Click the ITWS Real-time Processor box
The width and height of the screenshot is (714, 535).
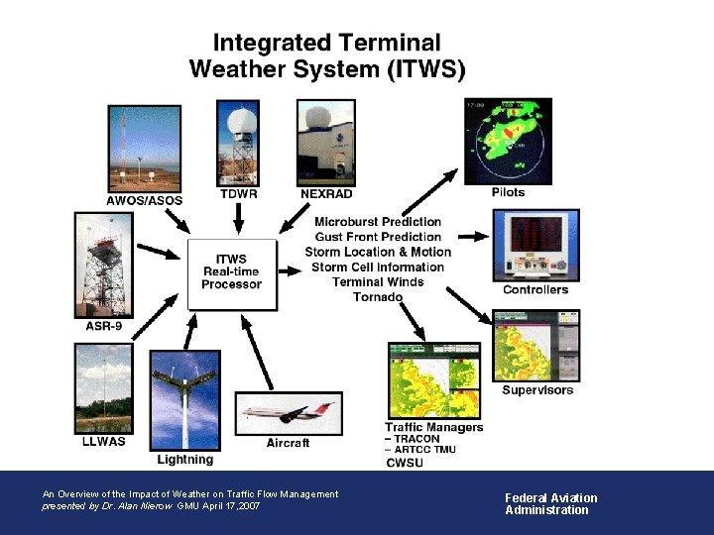pos(231,271)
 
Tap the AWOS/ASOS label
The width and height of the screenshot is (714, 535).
pos(145,200)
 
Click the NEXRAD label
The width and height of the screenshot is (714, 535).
pos(326,194)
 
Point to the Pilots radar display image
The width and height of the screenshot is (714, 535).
pos(508,141)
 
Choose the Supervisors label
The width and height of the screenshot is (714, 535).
pos(537,390)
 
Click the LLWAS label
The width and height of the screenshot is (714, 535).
pos(103,442)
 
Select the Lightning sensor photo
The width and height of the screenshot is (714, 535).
pos(184,407)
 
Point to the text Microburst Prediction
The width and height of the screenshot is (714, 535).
pos(378,222)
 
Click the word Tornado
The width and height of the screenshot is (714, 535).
pos(378,297)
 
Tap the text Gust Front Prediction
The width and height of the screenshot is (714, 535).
pos(378,237)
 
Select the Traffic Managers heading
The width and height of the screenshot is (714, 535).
pos(433,427)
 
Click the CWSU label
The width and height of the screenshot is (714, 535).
pos(405,462)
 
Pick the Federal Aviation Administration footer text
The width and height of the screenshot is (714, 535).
pos(551,504)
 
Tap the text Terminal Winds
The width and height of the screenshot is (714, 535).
pos(378,282)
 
